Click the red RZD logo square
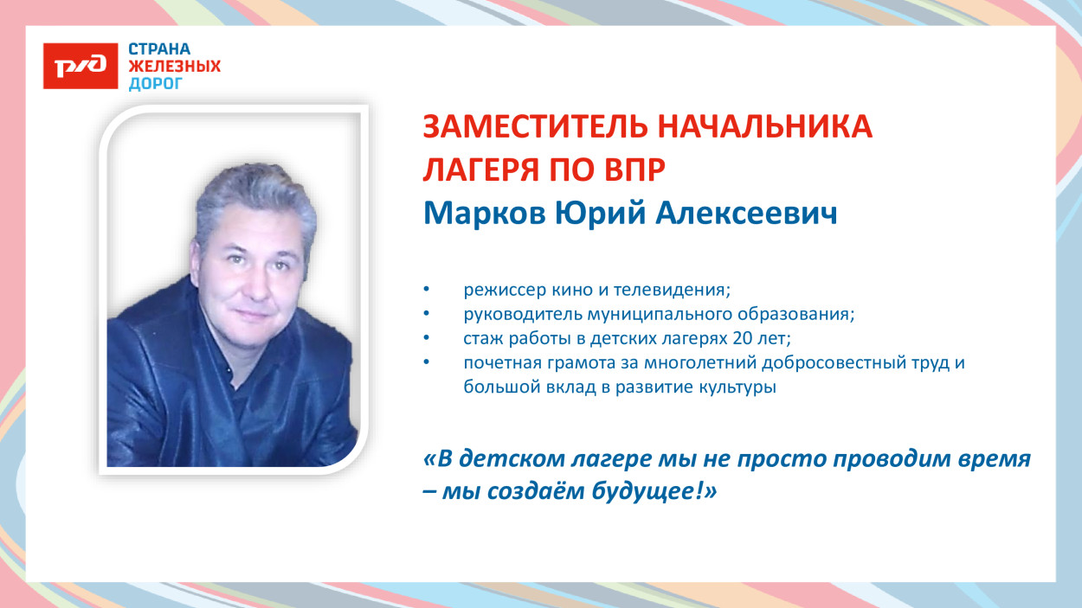pyautogui.click(x=81, y=66)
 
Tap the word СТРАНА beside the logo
pyautogui.click(x=159, y=49)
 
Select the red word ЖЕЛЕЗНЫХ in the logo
pyautogui.click(x=174, y=67)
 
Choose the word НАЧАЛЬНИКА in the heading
pyautogui.click(x=765, y=128)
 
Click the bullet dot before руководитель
pyautogui.click(x=425, y=314)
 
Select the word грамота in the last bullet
pyautogui.click(x=570, y=362)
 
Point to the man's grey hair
pyautogui.click(x=251, y=195)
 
